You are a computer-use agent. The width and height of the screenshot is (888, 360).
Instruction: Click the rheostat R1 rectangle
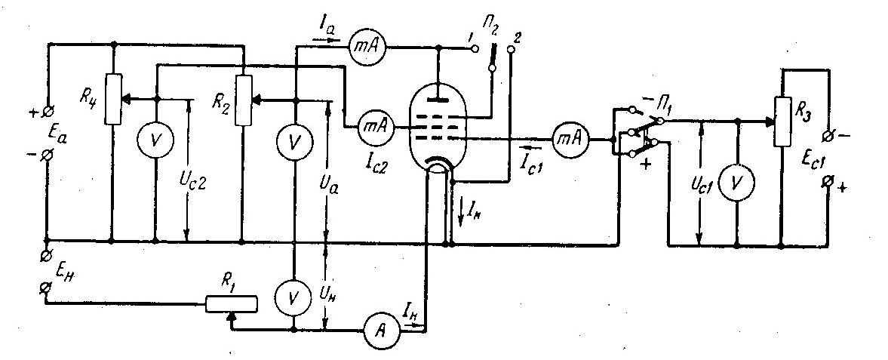click(x=231, y=304)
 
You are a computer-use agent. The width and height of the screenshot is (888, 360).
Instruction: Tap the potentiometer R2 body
click(x=244, y=100)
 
